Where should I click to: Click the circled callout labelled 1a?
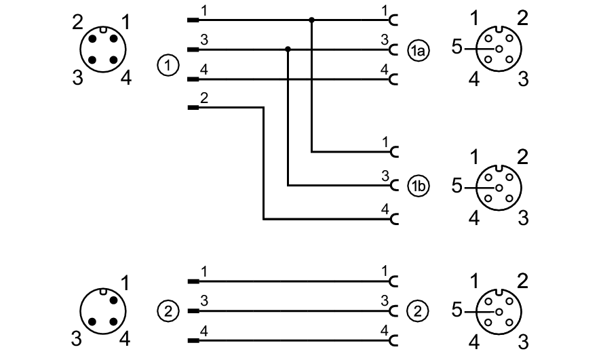click(x=418, y=49)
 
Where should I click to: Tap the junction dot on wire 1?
click(x=311, y=20)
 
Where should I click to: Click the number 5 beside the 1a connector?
click(x=457, y=49)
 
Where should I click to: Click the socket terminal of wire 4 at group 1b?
click(x=394, y=219)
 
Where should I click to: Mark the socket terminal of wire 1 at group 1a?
click(x=394, y=20)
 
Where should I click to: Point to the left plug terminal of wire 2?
click(x=193, y=107)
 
